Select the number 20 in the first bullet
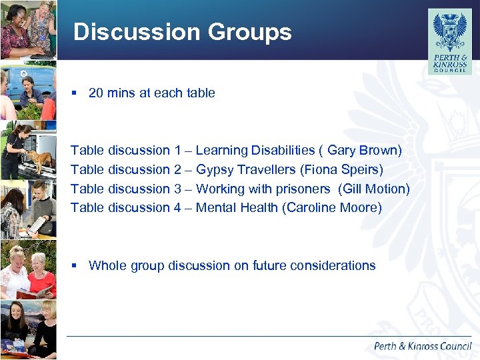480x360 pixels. [96, 93]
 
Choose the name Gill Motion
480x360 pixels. [373, 189]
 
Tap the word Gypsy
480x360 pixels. [215, 170]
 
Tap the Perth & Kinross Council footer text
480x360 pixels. [423, 346]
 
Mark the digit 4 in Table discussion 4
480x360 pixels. [177, 208]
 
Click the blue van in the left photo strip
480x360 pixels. [33, 80]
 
